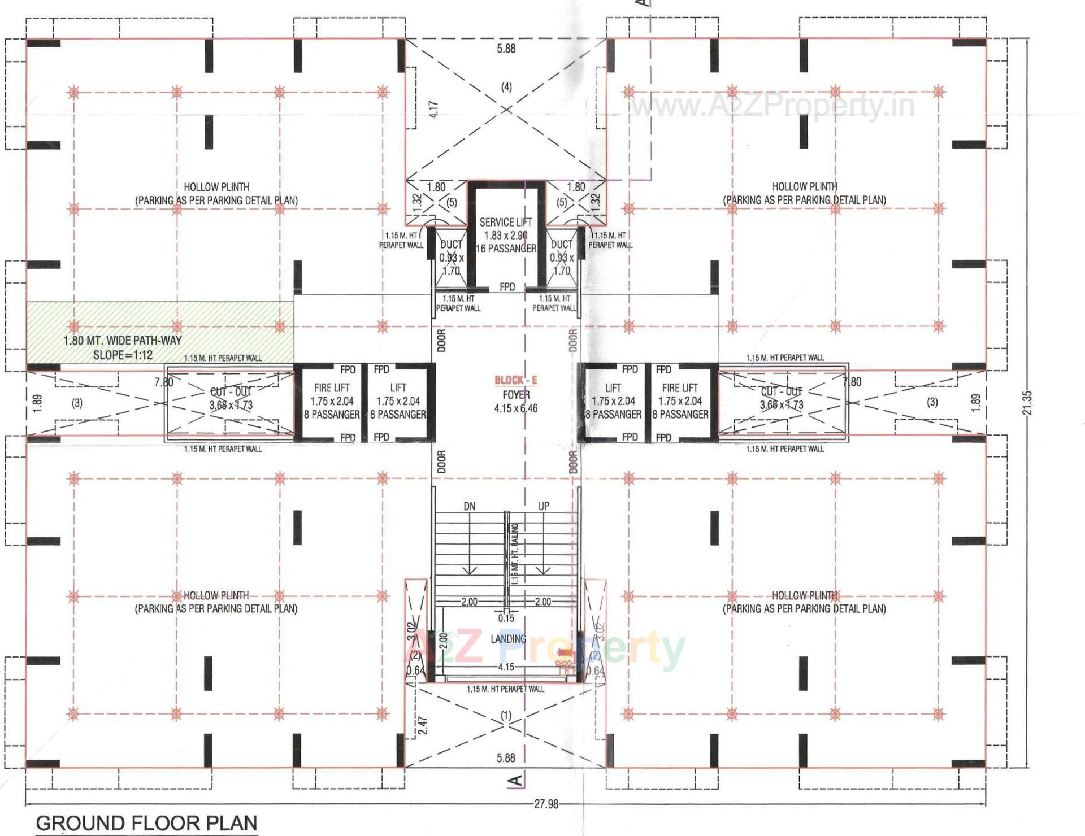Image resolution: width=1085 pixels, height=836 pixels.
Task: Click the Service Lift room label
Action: (x=505, y=235)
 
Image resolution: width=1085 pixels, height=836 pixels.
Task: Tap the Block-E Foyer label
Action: (x=515, y=394)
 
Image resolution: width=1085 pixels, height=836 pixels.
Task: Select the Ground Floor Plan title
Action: (x=146, y=822)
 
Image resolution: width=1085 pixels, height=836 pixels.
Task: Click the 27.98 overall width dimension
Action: (x=546, y=804)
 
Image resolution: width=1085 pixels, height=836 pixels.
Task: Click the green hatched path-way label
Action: (x=123, y=347)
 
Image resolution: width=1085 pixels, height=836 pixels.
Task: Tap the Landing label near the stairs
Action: (x=508, y=639)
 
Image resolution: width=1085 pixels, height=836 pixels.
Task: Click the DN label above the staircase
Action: (x=469, y=507)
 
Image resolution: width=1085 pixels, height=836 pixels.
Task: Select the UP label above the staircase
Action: (x=543, y=506)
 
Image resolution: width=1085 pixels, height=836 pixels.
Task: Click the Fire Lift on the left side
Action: (x=332, y=400)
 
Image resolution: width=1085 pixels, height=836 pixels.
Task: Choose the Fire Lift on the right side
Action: (x=680, y=400)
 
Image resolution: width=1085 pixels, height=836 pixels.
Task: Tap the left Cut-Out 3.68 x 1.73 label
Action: (x=231, y=399)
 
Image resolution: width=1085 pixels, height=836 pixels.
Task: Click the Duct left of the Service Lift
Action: (x=451, y=257)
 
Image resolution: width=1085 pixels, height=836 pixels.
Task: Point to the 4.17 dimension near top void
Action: (x=433, y=109)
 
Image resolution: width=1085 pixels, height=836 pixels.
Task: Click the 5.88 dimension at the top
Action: (x=506, y=49)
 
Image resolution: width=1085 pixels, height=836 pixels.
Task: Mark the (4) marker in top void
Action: (x=506, y=86)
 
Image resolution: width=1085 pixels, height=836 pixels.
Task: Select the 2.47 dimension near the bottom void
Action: (x=423, y=726)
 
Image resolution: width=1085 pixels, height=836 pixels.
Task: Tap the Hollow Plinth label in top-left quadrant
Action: (x=216, y=193)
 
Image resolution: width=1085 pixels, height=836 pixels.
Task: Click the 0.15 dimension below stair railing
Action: (x=506, y=618)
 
